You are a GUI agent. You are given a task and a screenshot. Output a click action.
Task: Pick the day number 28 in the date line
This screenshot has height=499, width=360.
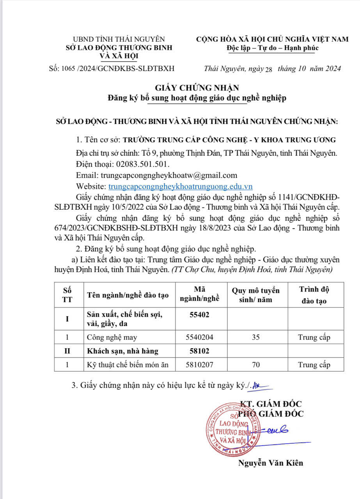268,69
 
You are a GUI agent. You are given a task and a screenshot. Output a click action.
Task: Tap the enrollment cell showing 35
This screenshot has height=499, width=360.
256,337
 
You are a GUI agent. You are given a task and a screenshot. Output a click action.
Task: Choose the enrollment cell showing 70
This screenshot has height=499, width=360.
256,365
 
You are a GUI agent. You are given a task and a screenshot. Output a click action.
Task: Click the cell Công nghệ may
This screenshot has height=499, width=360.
112,337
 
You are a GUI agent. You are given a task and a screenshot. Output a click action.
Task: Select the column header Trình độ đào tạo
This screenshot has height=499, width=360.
314,295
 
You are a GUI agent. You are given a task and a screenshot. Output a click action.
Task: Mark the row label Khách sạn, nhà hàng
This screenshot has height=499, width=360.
122,351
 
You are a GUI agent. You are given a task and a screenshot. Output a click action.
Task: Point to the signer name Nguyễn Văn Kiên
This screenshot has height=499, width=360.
270,463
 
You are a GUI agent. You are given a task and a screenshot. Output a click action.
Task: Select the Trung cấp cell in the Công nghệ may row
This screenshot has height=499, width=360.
314,337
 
